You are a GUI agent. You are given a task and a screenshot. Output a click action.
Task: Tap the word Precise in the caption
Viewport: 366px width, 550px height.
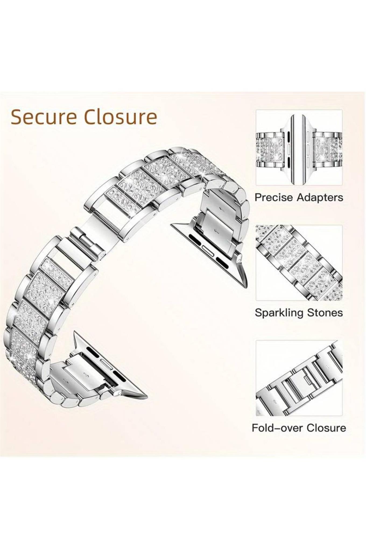[274, 197]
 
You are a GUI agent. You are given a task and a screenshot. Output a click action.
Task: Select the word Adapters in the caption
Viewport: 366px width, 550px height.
[320, 198]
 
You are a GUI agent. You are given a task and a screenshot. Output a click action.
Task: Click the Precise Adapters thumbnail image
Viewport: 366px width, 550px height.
[299, 147]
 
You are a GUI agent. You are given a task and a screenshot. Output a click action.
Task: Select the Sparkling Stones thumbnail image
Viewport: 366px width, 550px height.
[299, 263]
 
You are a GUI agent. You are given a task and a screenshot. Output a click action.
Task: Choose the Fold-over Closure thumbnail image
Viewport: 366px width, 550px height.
[299, 378]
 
